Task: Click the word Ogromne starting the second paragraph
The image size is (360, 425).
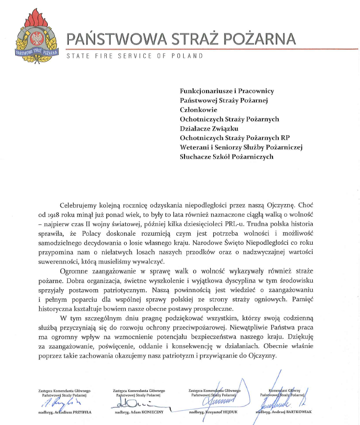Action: pyautogui.click(x=75, y=271)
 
